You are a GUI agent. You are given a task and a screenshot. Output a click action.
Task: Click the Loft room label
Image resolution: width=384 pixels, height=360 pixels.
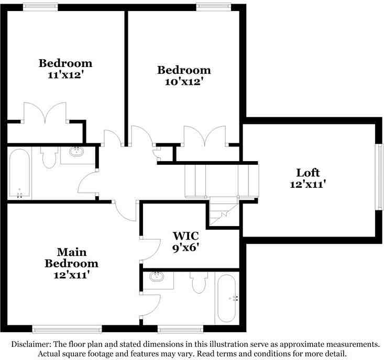click(x=308, y=173)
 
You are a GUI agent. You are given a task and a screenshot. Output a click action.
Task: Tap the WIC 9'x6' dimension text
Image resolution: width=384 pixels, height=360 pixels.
click(x=185, y=248)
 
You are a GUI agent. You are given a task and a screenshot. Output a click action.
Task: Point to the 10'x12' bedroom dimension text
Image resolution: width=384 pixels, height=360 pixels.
click(x=184, y=82)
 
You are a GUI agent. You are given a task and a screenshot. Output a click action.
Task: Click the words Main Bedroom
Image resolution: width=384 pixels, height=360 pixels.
click(x=72, y=258)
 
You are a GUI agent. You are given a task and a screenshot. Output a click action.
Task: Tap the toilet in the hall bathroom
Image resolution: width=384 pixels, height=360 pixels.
click(x=49, y=157)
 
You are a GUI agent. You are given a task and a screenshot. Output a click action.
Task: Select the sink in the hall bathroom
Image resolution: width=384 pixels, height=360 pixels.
click(x=76, y=152)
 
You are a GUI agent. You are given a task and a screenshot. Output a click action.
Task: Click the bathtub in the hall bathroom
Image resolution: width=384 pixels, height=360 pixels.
click(x=19, y=173)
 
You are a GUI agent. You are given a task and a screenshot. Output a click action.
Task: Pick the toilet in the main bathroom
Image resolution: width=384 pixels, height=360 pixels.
click(x=200, y=282)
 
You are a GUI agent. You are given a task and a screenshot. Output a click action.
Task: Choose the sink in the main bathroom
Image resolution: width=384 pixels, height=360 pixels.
click(x=157, y=277)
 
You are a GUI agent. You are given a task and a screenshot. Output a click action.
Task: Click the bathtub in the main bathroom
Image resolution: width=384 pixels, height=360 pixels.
click(x=227, y=298)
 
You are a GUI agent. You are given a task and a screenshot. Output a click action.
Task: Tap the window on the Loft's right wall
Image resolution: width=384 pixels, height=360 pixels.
click(x=379, y=176)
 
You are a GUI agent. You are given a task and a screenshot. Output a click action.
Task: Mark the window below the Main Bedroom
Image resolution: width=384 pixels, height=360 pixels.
click(x=67, y=329)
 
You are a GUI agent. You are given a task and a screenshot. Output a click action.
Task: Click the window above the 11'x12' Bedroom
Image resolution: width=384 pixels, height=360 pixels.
click(x=40, y=7)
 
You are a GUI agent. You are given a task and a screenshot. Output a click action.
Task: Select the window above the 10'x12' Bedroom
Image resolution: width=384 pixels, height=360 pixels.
click(x=214, y=7)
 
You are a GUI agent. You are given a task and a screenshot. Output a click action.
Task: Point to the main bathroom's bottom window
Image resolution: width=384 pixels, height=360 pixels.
click(x=181, y=329)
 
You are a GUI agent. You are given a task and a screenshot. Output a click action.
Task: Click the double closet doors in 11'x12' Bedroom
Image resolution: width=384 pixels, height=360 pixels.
click(x=45, y=113)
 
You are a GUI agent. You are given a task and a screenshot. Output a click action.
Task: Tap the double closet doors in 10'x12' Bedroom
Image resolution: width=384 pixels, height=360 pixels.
click(x=205, y=136)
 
